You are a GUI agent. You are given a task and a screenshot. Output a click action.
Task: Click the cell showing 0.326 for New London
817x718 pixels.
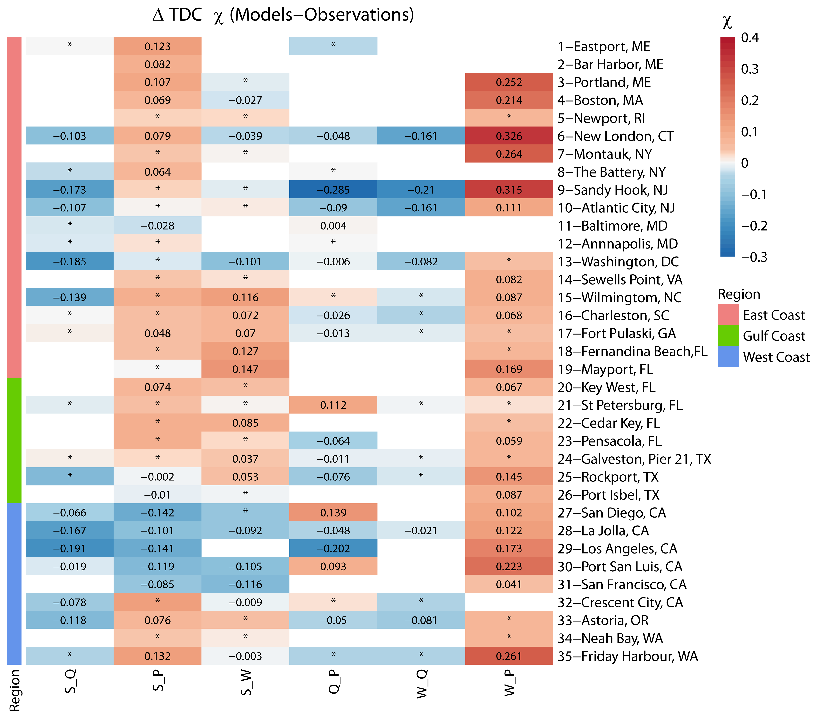pos(509,136)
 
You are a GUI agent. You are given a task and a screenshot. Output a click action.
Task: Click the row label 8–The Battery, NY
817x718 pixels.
pos(612,172)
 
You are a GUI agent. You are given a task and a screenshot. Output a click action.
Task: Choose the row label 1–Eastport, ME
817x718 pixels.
pos(604,46)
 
